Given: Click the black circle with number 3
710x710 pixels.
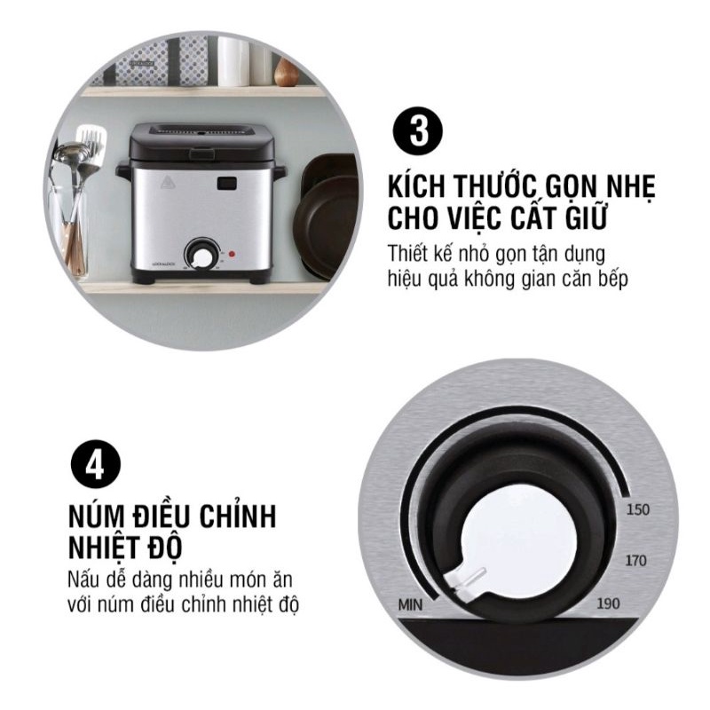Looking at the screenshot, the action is [x=417, y=131].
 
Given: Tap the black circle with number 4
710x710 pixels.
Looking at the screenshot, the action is [x=96, y=463].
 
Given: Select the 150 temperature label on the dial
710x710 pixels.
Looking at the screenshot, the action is [x=637, y=509].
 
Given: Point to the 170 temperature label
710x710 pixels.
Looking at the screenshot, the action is [x=635, y=561].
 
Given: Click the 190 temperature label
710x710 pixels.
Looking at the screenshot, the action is [x=608, y=603].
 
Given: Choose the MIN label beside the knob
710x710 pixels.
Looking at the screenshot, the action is [x=410, y=604].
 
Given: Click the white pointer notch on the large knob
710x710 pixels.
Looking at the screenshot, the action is [x=465, y=582].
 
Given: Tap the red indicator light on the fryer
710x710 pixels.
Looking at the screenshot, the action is [x=232, y=254].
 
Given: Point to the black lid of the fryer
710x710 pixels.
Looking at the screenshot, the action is [x=202, y=142].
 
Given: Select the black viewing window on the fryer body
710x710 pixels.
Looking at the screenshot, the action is [x=227, y=184].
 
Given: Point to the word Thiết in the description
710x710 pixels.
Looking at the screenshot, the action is [x=408, y=254].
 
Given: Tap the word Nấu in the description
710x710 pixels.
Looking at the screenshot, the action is [x=83, y=580].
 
